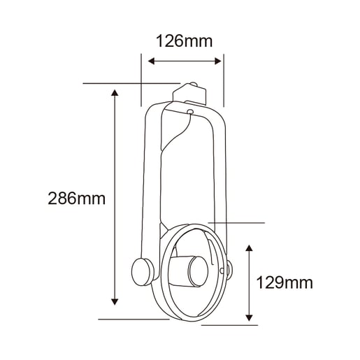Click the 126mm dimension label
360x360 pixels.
tap(184, 41)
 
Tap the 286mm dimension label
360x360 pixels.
tap(76, 199)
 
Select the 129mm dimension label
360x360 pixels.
tap(285, 283)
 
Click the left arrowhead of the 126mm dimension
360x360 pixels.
tap(151, 62)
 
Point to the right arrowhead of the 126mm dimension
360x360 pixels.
tap(218, 62)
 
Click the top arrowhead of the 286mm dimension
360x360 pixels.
tap(115, 93)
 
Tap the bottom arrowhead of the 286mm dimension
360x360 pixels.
tap(115, 302)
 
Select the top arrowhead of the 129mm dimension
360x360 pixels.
tap(250, 248)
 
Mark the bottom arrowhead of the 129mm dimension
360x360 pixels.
tap(250, 318)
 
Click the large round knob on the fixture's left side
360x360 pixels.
tap(142, 272)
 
